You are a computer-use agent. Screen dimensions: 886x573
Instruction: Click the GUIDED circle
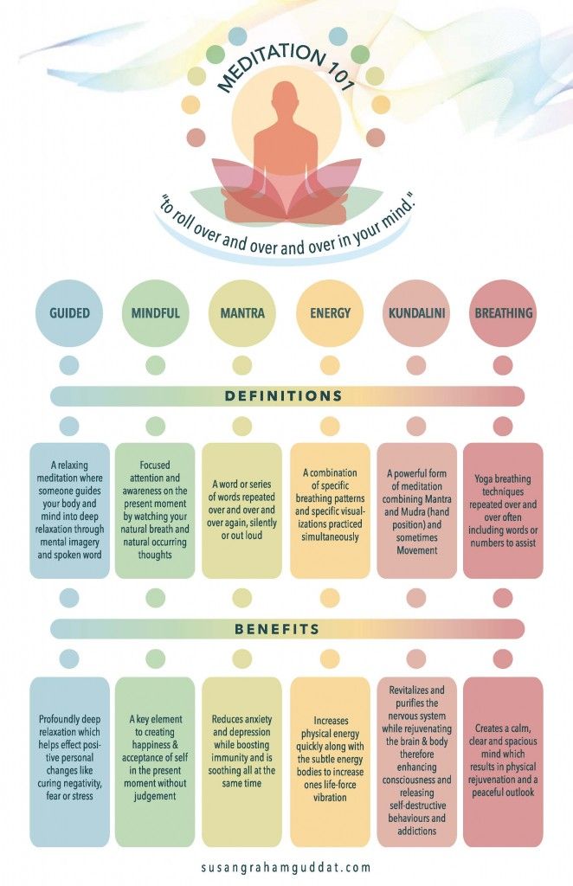[69, 313]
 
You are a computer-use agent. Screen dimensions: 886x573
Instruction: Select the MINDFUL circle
[156, 313]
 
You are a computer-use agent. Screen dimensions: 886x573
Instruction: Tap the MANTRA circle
[242, 313]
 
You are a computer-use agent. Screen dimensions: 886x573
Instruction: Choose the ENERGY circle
[330, 313]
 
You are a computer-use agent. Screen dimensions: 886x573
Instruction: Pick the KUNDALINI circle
[416, 313]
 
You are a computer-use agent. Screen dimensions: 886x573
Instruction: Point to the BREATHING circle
[503, 313]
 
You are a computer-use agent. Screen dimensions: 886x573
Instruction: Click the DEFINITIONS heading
[286, 396]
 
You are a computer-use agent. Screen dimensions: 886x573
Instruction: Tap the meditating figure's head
[286, 96]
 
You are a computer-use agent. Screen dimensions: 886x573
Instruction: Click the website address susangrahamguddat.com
[286, 865]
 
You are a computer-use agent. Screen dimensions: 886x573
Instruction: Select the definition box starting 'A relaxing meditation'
[69, 510]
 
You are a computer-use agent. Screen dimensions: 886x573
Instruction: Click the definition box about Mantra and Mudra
[416, 510]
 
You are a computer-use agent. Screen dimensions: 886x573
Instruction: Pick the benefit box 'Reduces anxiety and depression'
[242, 761]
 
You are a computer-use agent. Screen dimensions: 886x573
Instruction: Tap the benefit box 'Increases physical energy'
[330, 761]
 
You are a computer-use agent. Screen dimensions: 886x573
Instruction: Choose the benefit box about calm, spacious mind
[503, 761]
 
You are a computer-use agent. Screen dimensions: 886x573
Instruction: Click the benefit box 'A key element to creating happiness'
[156, 761]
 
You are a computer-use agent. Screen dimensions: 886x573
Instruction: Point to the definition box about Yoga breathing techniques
[503, 510]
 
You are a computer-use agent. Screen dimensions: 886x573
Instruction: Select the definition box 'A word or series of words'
[242, 510]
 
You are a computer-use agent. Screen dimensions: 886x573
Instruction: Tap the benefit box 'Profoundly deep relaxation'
[69, 761]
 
